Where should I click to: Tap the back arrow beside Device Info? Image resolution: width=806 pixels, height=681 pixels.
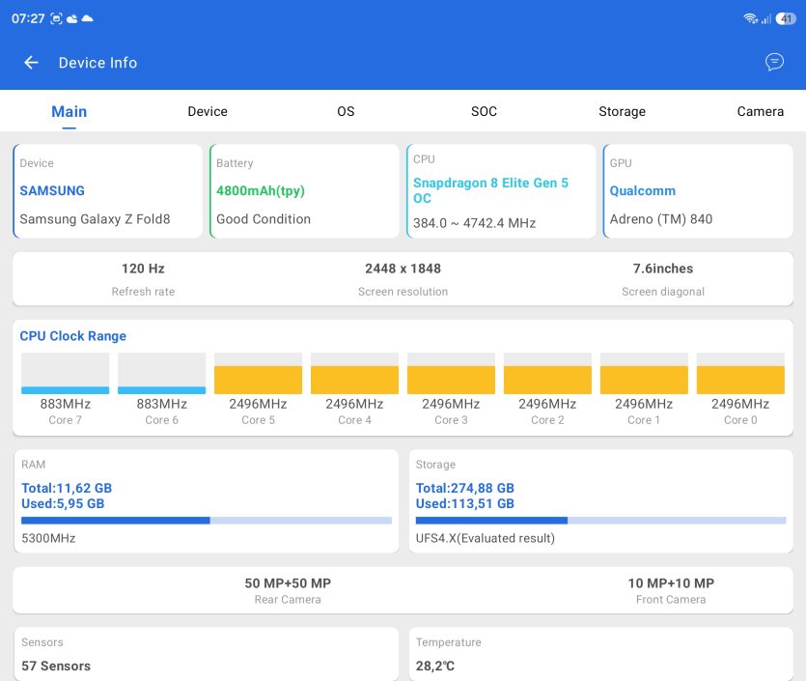pyautogui.click(x=31, y=63)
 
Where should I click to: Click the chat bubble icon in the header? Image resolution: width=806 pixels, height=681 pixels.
pyautogui.click(x=774, y=62)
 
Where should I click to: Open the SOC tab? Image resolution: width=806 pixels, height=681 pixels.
pyautogui.click(x=484, y=111)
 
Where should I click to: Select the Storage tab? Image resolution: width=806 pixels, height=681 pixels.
pyautogui.click(x=622, y=112)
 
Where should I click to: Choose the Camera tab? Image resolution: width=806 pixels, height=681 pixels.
pyautogui.click(x=761, y=111)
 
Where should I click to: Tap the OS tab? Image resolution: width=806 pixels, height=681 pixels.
pyautogui.click(x=346, y=111)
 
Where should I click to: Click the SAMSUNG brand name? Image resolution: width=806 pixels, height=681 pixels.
pyautogui.click(x=52, y=191)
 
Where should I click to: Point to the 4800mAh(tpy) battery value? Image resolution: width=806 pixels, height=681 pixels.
pyautogui.click(x=261, y=191)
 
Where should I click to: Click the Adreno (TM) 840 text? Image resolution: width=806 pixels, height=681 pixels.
pyautogui.click(x=661, y=219)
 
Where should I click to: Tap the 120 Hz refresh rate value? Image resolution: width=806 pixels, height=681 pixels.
pyautogui.click(x=143, y=269)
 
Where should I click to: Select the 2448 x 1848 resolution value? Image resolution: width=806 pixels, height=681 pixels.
pyautogui.click(x=403, y=269)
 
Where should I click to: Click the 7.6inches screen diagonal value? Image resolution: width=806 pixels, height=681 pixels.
pyautogui.click(x=663, y=269)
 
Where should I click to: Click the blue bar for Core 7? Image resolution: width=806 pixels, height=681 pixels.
pyautogui.click(x=66, y=390)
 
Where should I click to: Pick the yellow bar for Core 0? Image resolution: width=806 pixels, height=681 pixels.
pyautogui.click(x=740, y=381)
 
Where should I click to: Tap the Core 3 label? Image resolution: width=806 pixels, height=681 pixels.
pyautogui.click(x=451, y=420)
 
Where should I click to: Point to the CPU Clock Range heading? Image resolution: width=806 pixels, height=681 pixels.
pyautogui.click(x=73, y=336)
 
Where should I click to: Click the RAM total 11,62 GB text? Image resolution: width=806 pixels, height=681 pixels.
pyautogui.click(x=67, y=488)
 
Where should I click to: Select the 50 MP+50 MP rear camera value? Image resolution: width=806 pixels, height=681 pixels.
pyautogui.click(x=288, y=583)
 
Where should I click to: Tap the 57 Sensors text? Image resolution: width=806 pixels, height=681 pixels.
pyautogui.click(x=56, y=667)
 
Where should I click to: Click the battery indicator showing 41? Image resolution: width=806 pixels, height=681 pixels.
pyautogui.click(x=786, y=19)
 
